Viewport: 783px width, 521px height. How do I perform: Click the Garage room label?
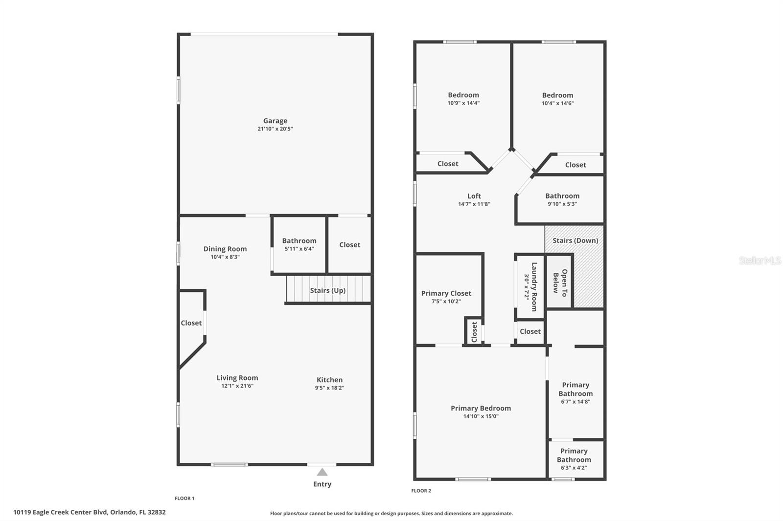[275, 121]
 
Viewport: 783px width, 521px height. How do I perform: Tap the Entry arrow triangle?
[322, 472]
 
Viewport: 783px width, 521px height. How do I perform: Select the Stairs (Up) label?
[327, 290]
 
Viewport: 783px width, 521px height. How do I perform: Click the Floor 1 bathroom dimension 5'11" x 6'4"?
[299, 249]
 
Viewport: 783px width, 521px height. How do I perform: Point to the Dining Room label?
[225, 249]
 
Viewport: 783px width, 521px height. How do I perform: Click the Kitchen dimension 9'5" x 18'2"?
[329, 388]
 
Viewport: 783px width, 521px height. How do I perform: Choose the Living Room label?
[237, 378]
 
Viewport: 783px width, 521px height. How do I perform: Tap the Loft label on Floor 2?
[474, 196]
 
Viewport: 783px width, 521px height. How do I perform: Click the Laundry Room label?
[534, 286]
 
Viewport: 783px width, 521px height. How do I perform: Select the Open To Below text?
[560, 283]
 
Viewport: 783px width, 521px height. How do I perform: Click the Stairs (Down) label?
[575, 240]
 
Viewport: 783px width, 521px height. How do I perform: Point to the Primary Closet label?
[446, 293]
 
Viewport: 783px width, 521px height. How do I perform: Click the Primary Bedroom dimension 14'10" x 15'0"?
[481, 416]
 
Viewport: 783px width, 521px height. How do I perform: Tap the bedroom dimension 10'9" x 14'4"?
[463, 103]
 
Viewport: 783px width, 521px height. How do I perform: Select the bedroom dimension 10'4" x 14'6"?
[557, 103]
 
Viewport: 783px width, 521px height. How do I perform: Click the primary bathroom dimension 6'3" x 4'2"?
[574, 468]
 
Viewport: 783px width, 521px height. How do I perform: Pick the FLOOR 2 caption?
[421, 491]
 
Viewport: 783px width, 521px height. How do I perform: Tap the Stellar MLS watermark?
[760, 260]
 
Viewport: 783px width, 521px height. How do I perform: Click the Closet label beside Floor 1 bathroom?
[349, 245]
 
